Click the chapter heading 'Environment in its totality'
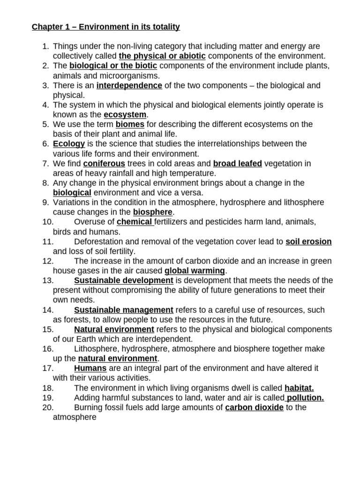tap(129, 27)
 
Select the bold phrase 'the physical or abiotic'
tap(162, 56)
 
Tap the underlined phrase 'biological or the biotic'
tap(113, 66)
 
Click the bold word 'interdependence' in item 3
tap(129, 85)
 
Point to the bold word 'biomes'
tap(130, 124)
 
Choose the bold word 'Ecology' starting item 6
tap(69, 143)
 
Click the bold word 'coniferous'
tap(104, 163)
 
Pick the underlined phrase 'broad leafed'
tap(237, 163)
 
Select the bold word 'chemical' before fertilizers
tap(135, 222)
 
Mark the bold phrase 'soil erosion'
tap(308, 241)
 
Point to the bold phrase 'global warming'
tap(195, 270)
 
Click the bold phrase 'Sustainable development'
tap(124, 280)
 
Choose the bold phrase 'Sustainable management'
tap(124, 310)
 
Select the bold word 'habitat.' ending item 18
tap(299, 388)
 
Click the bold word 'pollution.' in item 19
tap(305, 397)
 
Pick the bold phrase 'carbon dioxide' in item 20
tap(254, 407)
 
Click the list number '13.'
tap(48, 280)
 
